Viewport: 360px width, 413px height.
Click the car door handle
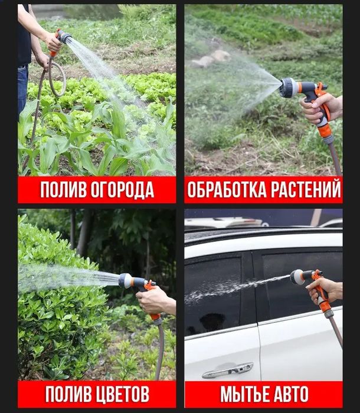point(227,371)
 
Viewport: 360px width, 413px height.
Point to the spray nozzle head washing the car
point(297,276)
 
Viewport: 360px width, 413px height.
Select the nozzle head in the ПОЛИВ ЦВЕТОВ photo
point(126,280)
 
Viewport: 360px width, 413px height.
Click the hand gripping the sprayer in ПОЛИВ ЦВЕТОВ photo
point(155,301)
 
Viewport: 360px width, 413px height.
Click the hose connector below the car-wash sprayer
point(329,313)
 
